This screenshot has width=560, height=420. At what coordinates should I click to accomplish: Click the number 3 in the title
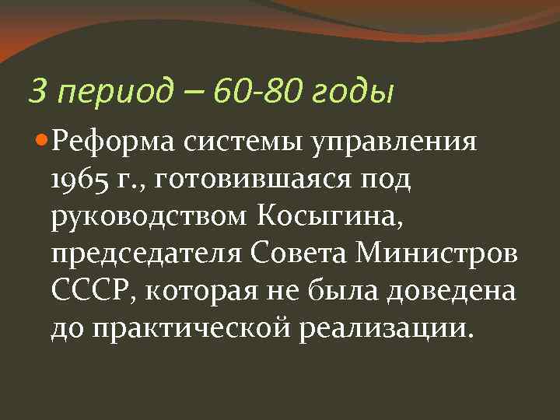click(36, 92)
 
